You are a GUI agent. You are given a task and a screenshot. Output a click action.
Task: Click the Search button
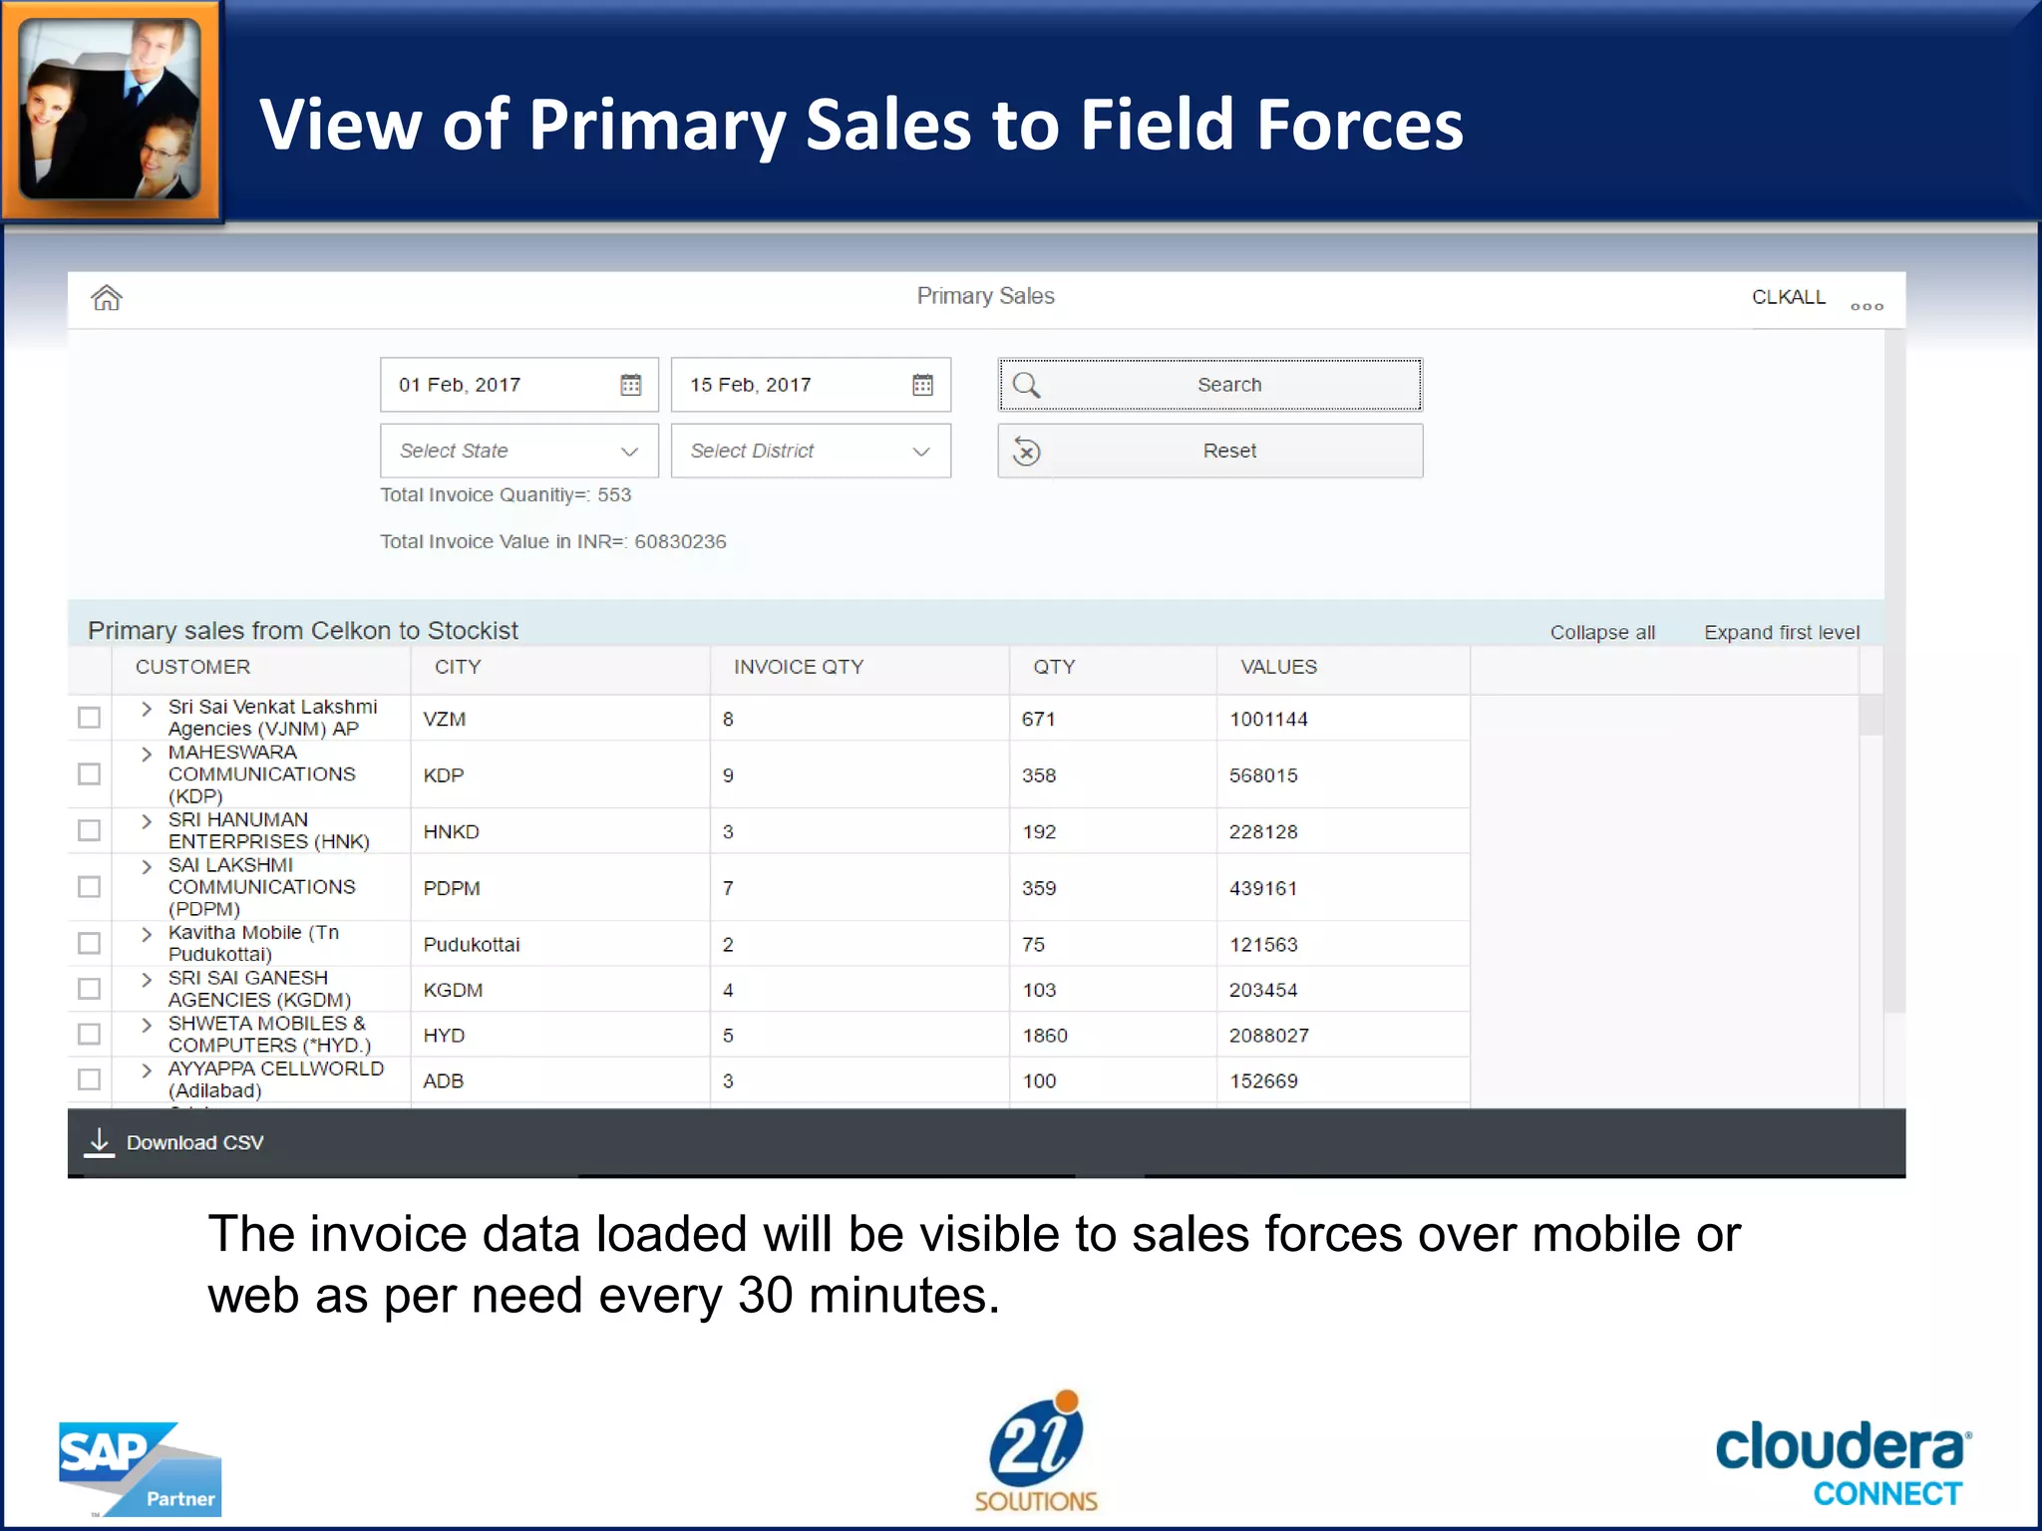pos(1209,385)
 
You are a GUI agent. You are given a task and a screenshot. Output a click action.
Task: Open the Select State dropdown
pos(518,451)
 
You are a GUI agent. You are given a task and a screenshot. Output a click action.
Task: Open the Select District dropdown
pos(810,451)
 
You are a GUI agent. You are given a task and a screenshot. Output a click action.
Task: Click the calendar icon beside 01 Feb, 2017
pos(630,385)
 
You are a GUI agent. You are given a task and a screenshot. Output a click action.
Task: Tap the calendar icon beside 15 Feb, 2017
pos(922,385)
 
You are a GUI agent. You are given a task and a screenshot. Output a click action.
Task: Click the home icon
pos(107,297)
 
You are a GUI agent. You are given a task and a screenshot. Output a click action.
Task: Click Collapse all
pos(1602,632)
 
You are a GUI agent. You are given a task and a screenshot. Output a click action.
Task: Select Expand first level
pos(1781,632)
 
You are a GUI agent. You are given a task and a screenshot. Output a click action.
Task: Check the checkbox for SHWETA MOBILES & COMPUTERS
pos(90,1035)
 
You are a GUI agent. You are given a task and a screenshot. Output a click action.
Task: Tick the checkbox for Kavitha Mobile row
pos(90,943)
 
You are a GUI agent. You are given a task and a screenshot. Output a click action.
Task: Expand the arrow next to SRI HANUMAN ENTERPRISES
pos(147,821)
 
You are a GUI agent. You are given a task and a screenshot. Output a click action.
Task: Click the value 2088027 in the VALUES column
pos(1268,1036)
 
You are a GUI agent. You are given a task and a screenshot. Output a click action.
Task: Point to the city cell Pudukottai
pos(472,944)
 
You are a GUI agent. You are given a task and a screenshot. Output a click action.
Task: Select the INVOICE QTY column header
pos(798,667)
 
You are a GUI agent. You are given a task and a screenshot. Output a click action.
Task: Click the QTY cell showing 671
pos(1038,719)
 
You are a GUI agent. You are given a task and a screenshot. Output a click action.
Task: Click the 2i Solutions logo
pos(1035,1451)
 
